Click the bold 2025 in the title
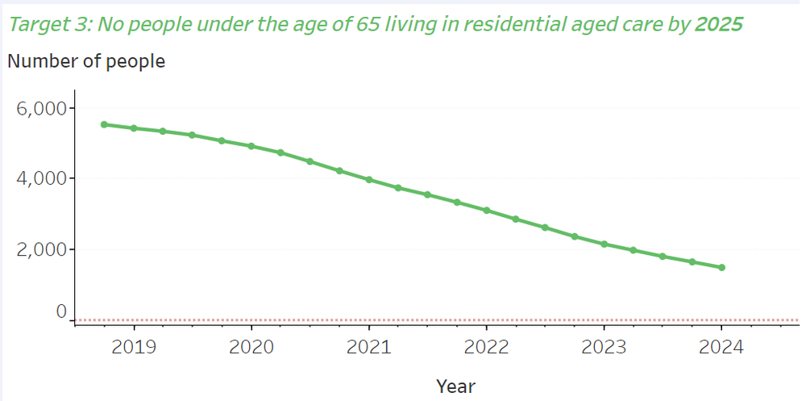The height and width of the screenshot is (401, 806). pos(718,24)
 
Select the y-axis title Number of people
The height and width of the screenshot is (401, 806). pos(86,61)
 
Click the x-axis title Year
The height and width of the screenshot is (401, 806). pos(455,386)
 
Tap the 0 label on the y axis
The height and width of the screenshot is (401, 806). pos(60,312)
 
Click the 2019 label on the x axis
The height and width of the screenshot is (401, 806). pos(134,348)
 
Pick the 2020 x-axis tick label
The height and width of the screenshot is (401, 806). pos(251,348)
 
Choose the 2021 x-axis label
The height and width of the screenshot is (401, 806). pos(368,348)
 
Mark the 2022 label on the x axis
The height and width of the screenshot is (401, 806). pos(486,348)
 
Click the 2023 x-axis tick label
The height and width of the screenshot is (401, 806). pos(604,348)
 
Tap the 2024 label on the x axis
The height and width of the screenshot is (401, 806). pos(721,348)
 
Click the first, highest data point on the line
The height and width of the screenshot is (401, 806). pos(104,124)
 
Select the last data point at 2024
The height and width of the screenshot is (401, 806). pos(721,267)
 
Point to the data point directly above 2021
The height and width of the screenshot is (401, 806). pos(369,180)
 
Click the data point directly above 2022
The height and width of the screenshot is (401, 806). pos(486,211)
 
